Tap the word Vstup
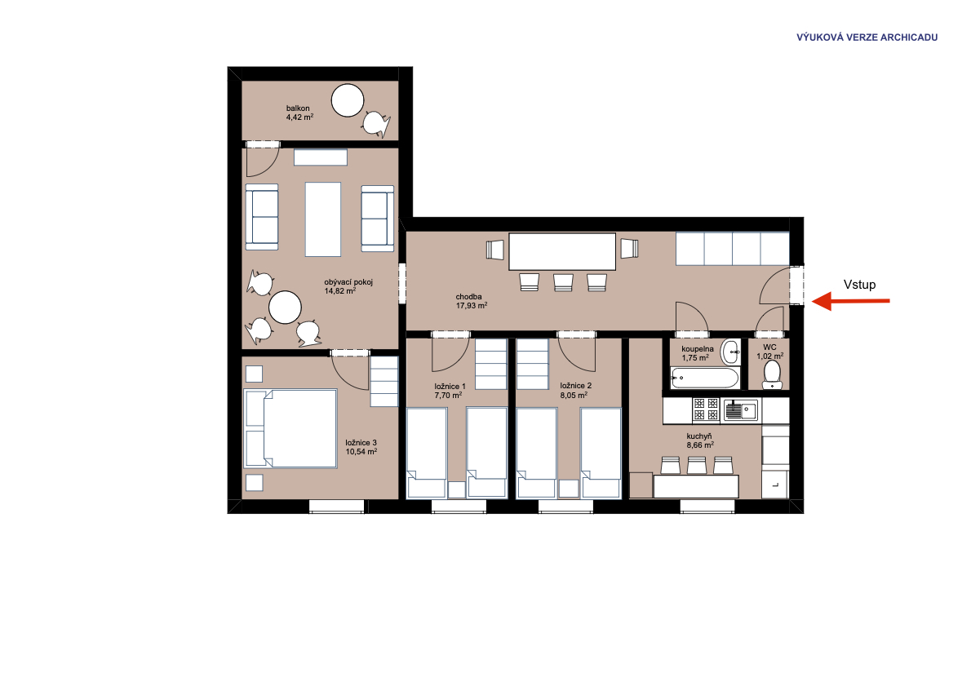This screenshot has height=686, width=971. pyautogui.click(x=859, y=285)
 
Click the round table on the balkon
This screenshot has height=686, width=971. pyautogui.click(x=348, y=100)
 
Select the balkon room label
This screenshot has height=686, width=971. pyautogui.click(x=298, y=108)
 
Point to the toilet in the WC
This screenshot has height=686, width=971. pyautogui.click(x=772, y=374)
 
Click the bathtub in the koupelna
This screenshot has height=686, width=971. pyautogui.click(x=705, y=378)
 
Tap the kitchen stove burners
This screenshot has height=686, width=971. pyautogui.click(x=706, y=409)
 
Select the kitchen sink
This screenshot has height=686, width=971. pyautogui.click(x=741, y=409)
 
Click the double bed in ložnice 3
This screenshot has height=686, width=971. pyautogui.click(x=291, y=428)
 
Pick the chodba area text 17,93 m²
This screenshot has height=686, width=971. pyautogui.click(x=472, y=305)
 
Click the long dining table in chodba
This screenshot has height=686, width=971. pyautogui.click(x=562, y=251)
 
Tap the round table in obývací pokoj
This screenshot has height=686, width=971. pyautogui.click(x=285, y=308)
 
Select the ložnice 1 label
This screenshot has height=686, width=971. pyautogui.click(x=450, y=387)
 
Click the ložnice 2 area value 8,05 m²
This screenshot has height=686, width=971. pyautogui.click(x=574, y=395)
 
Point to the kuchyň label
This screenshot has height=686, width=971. pyautogui.click(x=699, y=436)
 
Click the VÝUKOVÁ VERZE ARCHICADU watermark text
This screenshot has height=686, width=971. pyautogui.click(x=867, y=38)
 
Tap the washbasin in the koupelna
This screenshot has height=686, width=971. pyautogui.click(x=731, y=352)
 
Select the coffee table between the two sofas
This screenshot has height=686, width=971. pyautogui.click(x=322, y=219)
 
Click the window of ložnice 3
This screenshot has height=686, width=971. pyautogui.click(x=337, y=507)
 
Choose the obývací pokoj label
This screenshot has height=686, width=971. pyautogui.click(x=348, y=282)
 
